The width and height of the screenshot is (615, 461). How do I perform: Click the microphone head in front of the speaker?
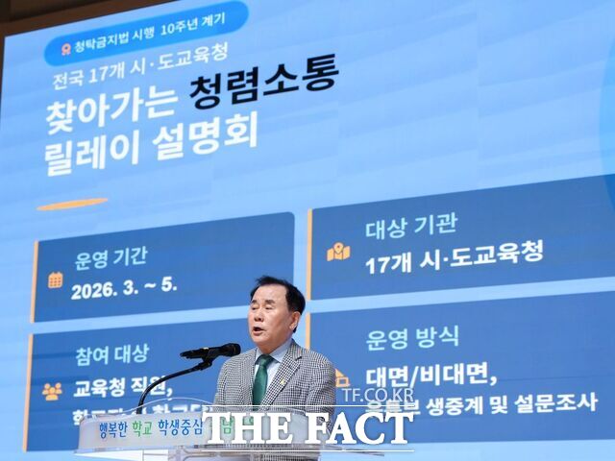(x=228, y=351)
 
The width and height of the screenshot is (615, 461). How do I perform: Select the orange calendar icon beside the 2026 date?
(x=56, y=279)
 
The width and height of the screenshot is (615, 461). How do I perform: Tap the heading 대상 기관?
(x=410, y=227)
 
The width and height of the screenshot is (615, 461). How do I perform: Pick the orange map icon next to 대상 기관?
(x=338, y=252)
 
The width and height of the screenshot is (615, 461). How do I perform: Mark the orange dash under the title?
(x=72, y=204)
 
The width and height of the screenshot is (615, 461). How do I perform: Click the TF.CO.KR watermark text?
(x=378, y=395)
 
